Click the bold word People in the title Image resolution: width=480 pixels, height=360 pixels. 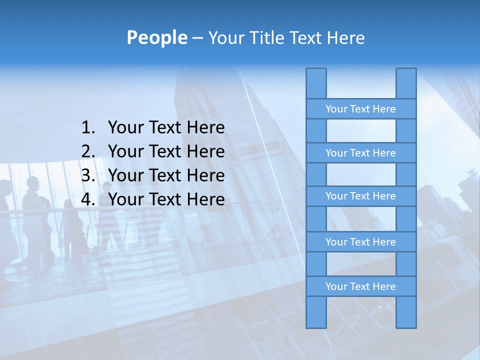156,38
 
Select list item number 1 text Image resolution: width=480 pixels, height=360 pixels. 166,128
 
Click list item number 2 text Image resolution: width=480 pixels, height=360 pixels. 166,151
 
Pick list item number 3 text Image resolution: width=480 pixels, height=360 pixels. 166,175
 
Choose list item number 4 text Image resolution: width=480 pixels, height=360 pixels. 166,199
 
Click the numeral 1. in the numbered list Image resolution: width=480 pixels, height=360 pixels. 88,128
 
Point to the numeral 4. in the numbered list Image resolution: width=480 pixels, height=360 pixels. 88,199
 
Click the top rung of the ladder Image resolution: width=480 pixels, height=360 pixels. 360,109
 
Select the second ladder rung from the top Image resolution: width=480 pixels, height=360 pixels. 360,153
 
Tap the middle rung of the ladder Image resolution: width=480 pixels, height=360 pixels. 360,196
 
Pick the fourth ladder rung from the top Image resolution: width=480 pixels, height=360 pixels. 360,242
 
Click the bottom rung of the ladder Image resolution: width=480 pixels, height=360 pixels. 360,286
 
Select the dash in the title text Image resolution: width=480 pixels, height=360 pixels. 197,38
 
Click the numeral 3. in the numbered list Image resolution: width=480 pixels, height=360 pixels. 88,175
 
